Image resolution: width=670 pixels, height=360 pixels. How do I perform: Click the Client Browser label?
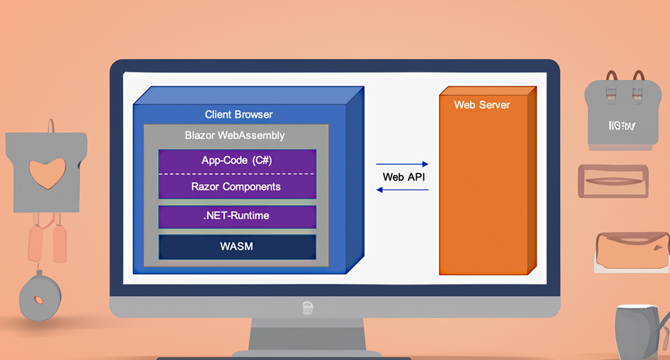tap(238, 114)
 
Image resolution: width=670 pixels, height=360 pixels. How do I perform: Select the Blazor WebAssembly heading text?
tap(235, 135)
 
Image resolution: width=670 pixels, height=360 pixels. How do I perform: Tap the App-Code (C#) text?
tap(237, 160)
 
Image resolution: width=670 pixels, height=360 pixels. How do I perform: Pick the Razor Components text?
tap(236, 187)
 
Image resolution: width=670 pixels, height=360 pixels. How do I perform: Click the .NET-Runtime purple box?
tap(237, 216)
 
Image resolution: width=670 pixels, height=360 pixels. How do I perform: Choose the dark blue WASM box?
tap(237, 246)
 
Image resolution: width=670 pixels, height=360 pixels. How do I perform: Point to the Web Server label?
tap(482, 105)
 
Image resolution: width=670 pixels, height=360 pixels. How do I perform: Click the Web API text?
tap(403, 177)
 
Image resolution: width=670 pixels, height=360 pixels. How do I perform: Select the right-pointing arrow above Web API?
tap(402, 164)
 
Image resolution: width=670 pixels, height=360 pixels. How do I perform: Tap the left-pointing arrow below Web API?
tap(402, 190)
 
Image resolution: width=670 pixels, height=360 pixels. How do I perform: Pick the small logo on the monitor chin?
tap(308, 307)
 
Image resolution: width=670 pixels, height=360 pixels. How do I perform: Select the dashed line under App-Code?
tap(237, 174)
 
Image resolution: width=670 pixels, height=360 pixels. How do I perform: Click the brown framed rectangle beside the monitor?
tap(613, 181)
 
